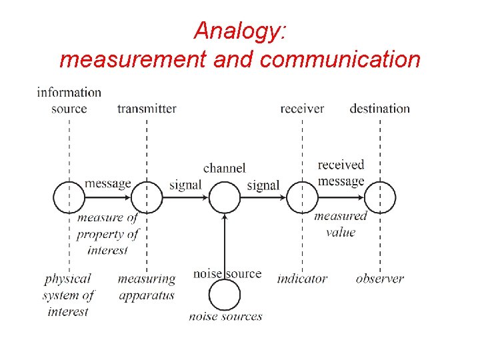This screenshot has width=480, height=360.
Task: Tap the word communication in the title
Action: (340, 60)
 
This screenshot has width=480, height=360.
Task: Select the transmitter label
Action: (147, 109)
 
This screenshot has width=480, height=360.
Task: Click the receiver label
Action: (302, 109)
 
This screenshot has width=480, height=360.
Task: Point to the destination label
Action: (379, 109)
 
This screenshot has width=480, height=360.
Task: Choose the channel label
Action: (225, 168)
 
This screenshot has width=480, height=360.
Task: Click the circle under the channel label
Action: (225, 197)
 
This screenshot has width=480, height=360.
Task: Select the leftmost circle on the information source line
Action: (69, 197)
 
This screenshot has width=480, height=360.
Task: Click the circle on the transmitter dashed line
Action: (147, 197)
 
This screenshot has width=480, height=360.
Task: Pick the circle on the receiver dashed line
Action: (302, 197)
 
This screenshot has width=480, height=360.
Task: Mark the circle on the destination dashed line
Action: (380, 197)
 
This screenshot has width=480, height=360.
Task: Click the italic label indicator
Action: (302, 279)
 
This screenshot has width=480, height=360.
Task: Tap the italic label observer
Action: (379, 279)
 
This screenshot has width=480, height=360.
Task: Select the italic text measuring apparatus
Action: (147, 287)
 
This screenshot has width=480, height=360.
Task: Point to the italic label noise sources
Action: (225, 316)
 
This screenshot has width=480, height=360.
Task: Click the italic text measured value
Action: (341, 224)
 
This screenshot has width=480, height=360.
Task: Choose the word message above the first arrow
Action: (108, 183)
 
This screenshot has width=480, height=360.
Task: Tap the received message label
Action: (341, 173)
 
